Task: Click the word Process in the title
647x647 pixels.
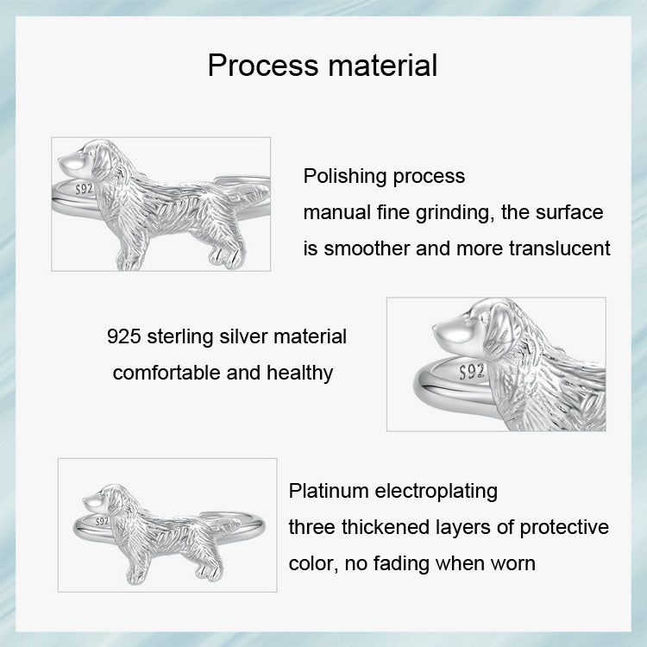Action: (260, 65)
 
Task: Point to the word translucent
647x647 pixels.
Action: (561, 248)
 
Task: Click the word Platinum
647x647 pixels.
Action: (330, 492)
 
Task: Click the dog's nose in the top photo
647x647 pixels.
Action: (63, 160)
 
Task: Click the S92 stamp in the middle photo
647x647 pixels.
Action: (473, 372)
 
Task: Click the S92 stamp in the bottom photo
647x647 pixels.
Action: (102, 522)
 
